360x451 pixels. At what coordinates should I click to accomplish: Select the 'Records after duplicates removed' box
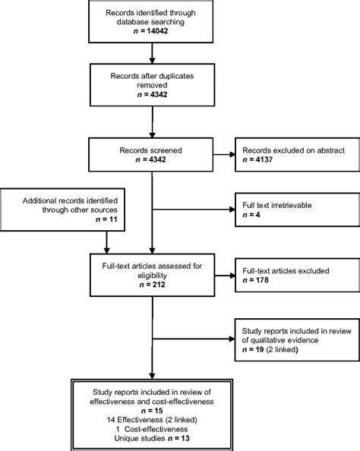(x=153, y=82)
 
